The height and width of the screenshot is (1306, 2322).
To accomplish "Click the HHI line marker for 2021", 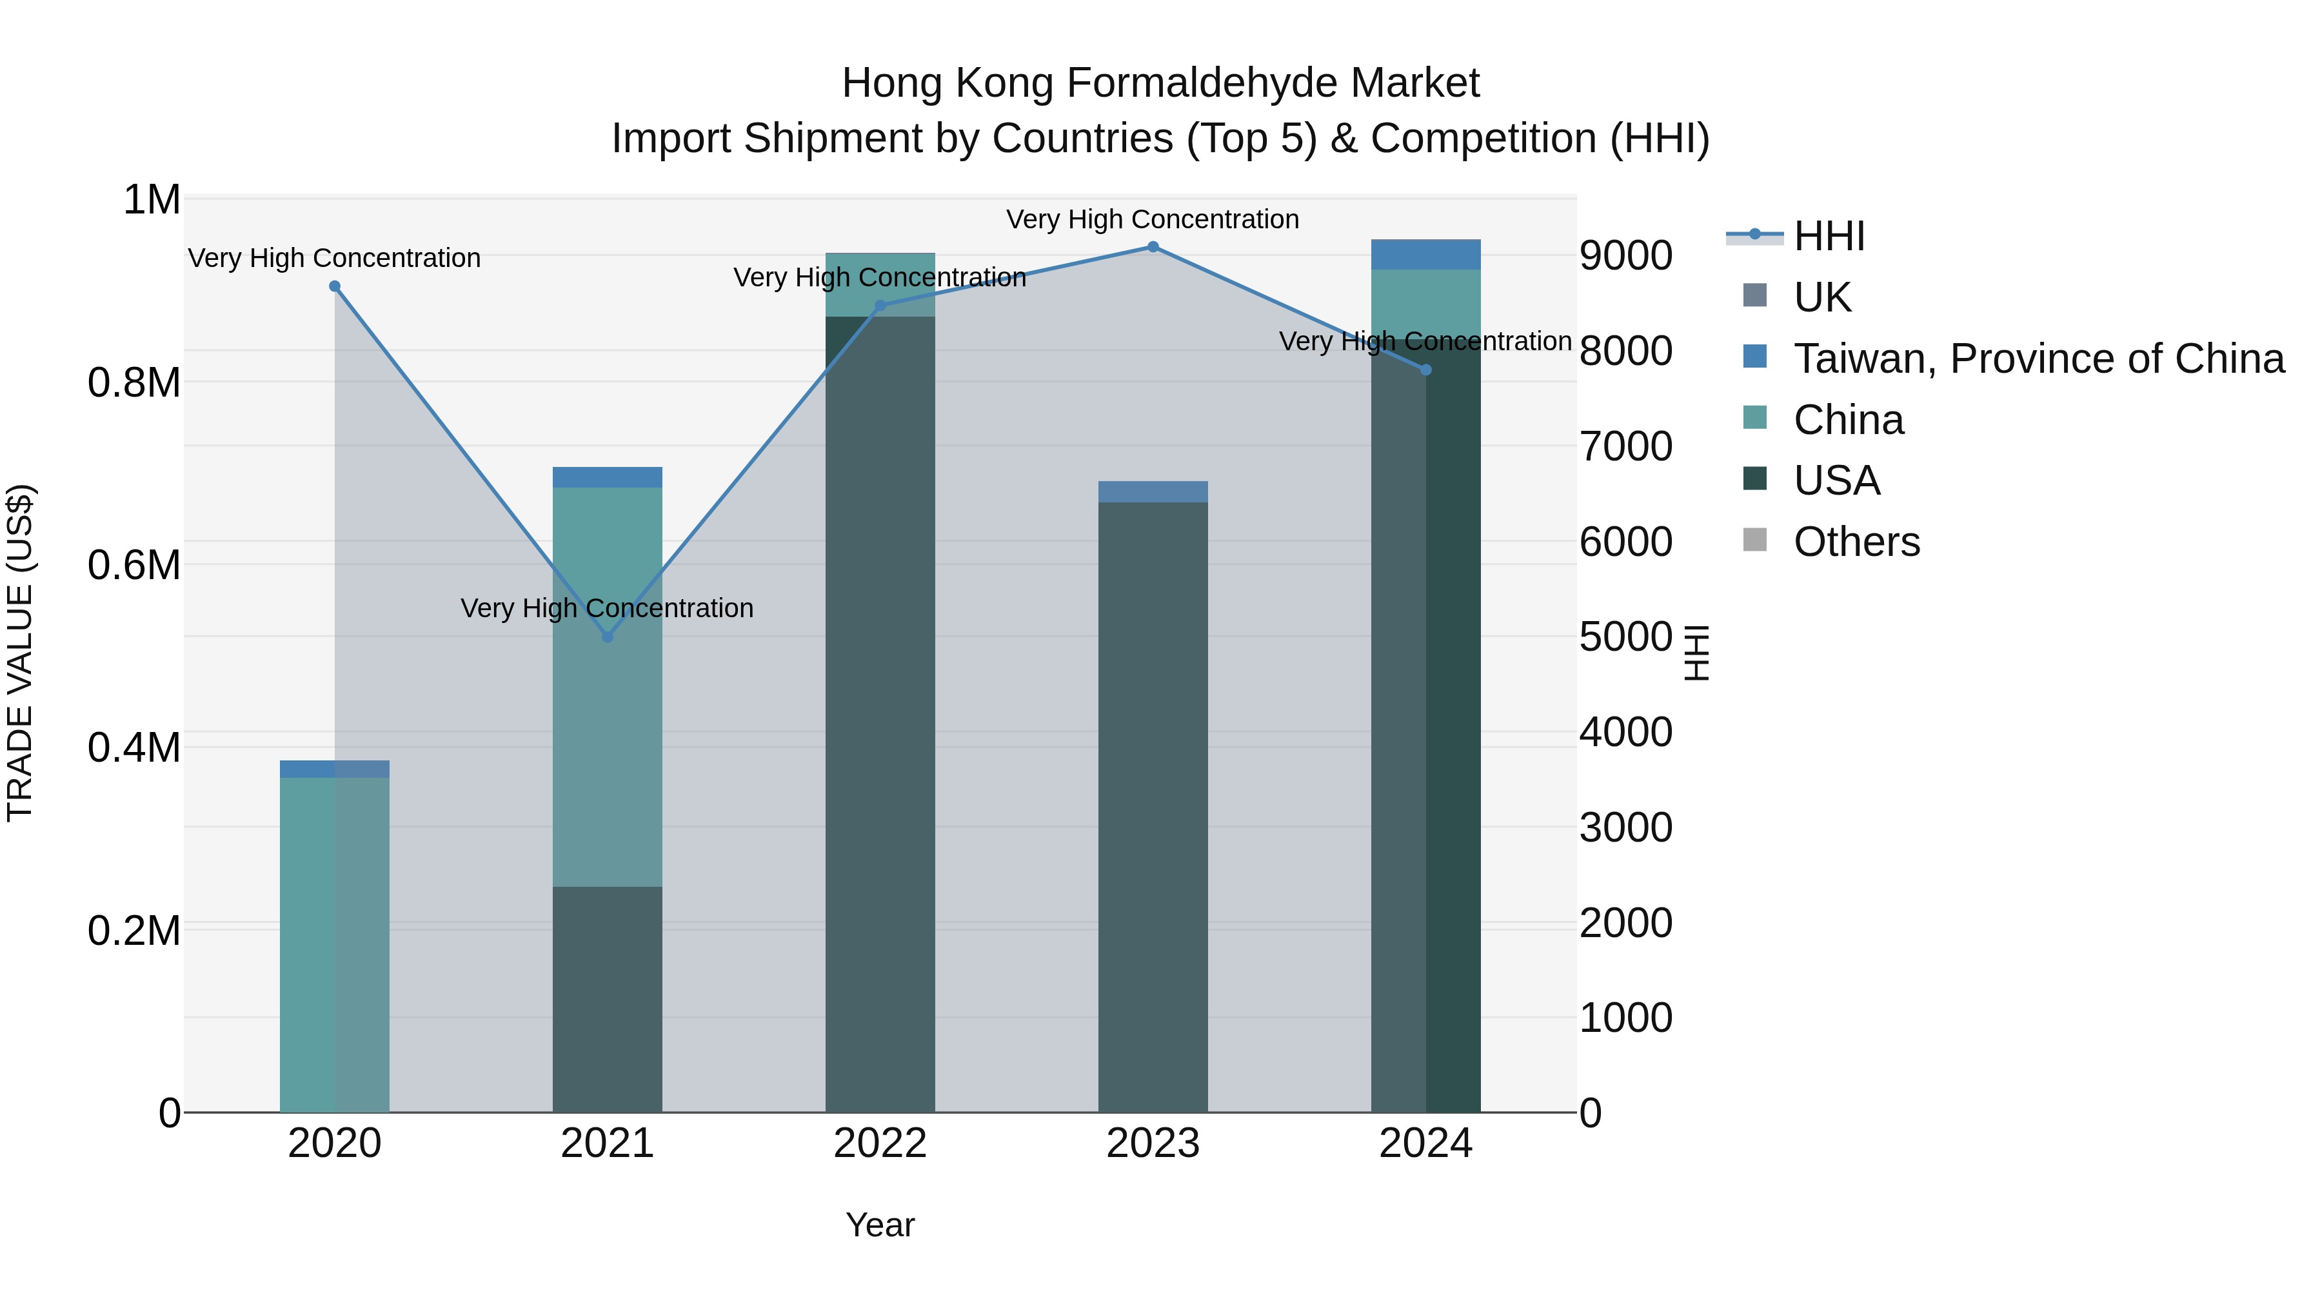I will coord(608,637).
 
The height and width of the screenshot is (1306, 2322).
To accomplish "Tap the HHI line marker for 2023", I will coord(1153,247).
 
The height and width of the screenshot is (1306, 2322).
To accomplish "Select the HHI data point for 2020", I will coord(334,286).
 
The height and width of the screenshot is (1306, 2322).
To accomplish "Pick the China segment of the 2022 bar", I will coord(880,285).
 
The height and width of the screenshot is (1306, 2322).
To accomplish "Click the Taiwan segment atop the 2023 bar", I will coord(1153,492).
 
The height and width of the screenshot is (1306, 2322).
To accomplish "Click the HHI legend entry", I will coord(1828,236).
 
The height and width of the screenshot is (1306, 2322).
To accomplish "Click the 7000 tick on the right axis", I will coord(1625,446).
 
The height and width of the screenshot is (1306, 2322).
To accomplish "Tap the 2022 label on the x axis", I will coord(880,1143).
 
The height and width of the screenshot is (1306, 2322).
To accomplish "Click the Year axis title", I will coord(880,1225).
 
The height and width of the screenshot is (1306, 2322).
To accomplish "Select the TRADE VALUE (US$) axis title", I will coord(21,653).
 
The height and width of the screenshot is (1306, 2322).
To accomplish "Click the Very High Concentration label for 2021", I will coord(608,608).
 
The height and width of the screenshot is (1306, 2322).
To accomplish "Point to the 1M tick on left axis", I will coord(152,200).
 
